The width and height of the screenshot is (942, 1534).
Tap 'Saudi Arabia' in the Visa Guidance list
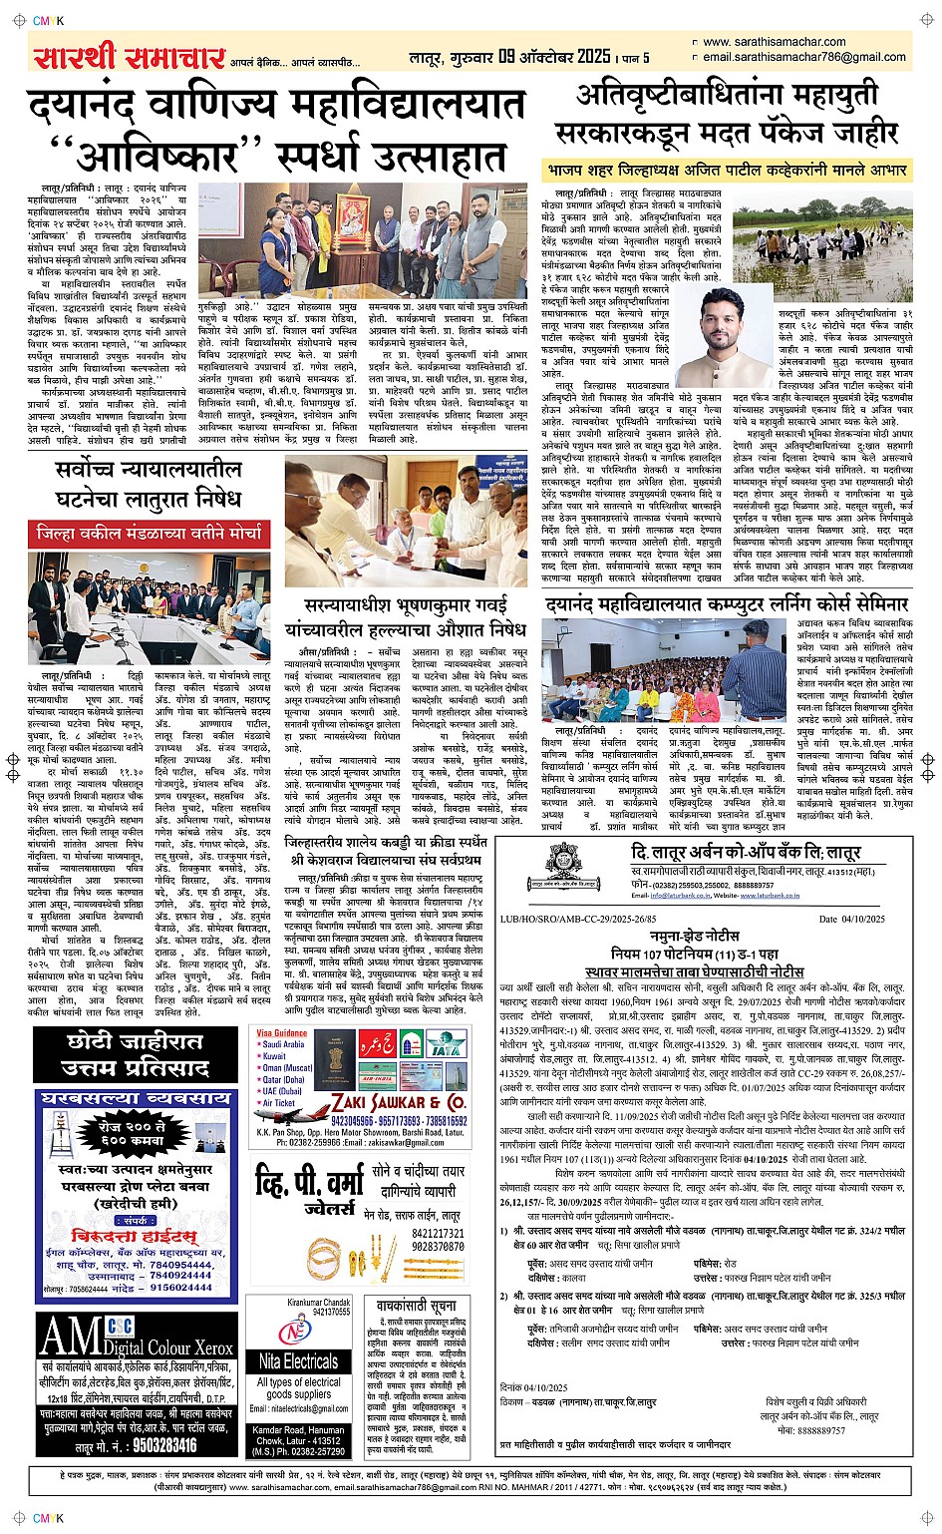[284, 1044]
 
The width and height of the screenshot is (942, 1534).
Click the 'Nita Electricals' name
[298, 1360]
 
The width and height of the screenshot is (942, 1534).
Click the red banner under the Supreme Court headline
[148, 534]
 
